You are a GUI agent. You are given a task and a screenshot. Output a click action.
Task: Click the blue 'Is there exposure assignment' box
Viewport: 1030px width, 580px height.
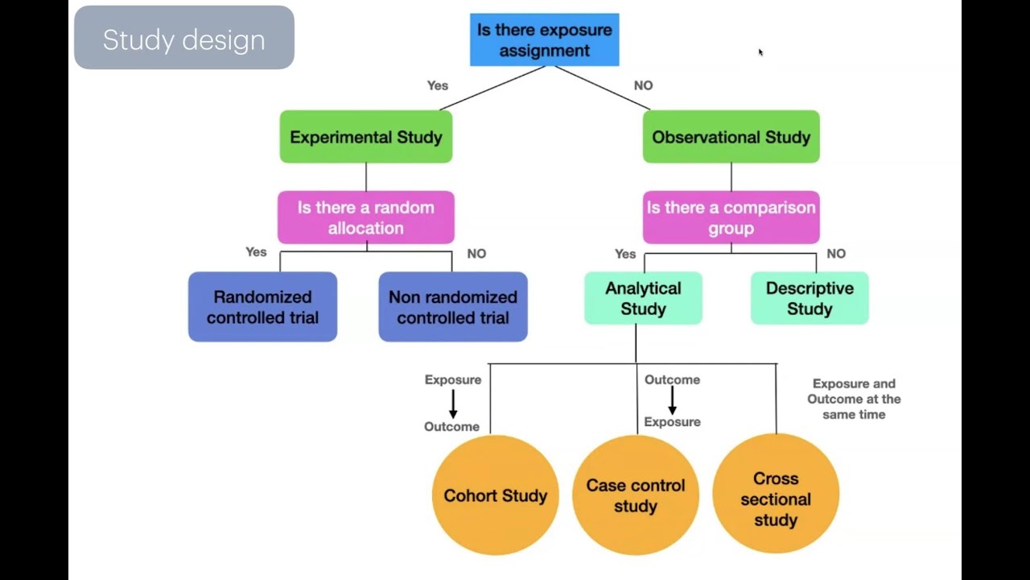(544, 39)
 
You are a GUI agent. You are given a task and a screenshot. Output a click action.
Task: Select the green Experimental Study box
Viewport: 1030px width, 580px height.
(366, 137)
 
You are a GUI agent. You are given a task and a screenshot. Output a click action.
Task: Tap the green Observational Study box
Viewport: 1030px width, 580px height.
(731, 137)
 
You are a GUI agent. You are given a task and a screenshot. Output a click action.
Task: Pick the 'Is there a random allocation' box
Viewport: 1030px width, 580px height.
(366, 217)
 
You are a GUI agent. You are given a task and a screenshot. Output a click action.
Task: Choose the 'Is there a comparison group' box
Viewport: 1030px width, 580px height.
(731, 217)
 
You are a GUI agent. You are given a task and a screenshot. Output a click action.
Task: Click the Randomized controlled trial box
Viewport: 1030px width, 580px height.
(262, 307)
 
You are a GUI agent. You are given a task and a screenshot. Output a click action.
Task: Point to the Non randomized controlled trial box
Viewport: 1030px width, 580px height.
(453, 307)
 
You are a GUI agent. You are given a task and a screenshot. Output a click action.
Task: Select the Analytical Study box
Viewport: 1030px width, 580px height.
(643, 298)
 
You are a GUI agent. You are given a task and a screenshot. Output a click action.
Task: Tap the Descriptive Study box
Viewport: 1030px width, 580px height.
(810, 298)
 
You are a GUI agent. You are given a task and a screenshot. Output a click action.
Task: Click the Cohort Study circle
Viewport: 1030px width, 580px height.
(495, 495)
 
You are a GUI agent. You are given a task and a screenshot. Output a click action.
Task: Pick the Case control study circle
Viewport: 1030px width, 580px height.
(636, 495)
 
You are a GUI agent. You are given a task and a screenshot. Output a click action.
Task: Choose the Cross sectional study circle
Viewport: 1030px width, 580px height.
(776, 495)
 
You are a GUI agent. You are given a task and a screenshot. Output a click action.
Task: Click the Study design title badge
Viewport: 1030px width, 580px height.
(184, 38)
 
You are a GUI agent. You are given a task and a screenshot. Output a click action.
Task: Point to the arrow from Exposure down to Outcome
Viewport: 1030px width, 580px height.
(453, 404)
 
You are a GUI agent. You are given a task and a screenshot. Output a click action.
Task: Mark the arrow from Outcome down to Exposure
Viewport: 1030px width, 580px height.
(672, 400)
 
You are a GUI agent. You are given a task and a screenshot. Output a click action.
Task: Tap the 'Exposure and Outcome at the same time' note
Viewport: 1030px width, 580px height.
(854, 399)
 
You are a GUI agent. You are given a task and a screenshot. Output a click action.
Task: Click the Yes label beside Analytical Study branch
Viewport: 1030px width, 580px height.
(625, 254)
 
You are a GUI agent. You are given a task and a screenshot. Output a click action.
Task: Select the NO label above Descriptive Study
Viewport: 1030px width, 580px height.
(836, 254)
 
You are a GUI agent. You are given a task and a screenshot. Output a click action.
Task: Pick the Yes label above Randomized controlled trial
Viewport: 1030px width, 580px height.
(256, 252)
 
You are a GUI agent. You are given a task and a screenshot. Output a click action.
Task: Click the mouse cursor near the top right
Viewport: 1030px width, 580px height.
(760, 52)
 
